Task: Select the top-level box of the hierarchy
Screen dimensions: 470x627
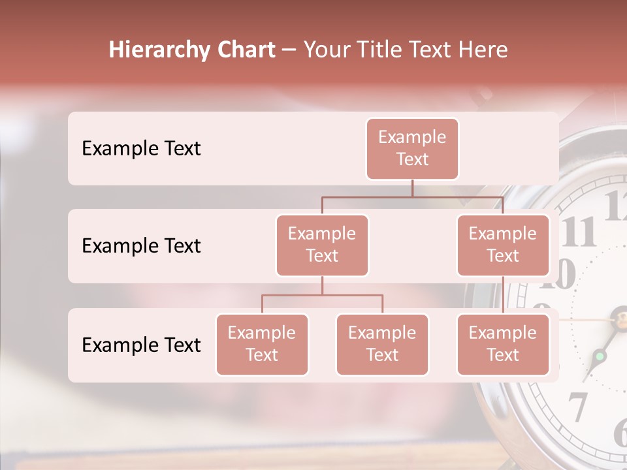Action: point(412,148)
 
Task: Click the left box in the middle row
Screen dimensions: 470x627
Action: point(322,245)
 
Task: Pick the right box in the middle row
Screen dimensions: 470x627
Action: point(503,245)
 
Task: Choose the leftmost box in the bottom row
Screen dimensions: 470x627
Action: point(262,344)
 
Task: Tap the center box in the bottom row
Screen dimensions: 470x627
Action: point(382,344)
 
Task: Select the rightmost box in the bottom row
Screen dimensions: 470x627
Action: point(503,344)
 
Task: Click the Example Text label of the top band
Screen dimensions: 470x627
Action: point(141,148)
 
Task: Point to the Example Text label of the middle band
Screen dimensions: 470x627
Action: point(141,245)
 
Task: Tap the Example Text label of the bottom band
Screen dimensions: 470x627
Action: point(141,345)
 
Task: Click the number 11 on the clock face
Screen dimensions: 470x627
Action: point(579,232)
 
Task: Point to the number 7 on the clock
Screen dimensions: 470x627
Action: point(578,406)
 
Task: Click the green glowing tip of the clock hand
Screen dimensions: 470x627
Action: point(600,356)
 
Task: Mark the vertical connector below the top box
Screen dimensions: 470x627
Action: point(412,188)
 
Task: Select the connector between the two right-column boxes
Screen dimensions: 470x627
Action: point(503,295)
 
